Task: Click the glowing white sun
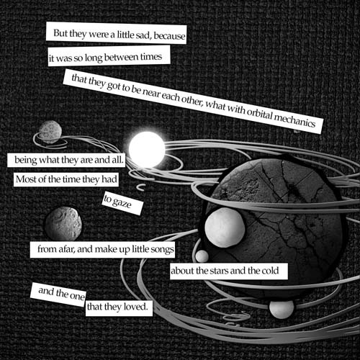[x=147, y=149]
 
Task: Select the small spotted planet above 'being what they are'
[x=50, y=132]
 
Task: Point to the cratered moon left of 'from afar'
[x=63, y=224]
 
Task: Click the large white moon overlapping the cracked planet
[x=225, y=228]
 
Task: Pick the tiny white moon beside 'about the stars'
[x=202, y=256]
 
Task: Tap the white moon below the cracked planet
[x=282, y=309]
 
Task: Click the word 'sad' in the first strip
[x=143, y=35]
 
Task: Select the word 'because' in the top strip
[x=169, y=36]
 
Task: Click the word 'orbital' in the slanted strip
[x=260, y=114]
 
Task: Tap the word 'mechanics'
[x=294, y=121]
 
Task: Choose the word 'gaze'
[x=122, y=203]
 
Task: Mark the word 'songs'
[x=162, y=250]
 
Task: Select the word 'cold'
[x=270, y=271]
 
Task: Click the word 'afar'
[x=67, y=249]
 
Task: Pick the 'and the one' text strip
[x=58, y=294]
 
